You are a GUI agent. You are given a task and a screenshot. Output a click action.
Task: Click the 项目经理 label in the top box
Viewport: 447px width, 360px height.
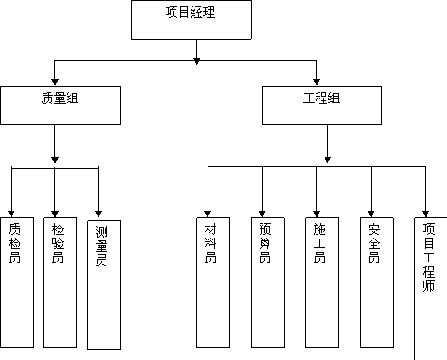click(191, 12)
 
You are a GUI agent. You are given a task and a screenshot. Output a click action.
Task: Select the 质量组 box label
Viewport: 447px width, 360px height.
click(59, 98)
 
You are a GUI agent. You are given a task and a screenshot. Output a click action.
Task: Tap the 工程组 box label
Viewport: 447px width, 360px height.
click(322, 98)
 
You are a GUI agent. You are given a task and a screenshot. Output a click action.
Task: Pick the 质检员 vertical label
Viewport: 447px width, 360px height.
click(14, 243)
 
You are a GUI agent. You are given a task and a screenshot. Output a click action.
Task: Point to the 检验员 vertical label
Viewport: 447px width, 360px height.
click(58, 243)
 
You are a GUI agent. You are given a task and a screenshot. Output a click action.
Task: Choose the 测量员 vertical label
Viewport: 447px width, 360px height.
click(101, 246)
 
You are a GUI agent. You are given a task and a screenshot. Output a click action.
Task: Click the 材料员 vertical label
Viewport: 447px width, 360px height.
click(210, 243)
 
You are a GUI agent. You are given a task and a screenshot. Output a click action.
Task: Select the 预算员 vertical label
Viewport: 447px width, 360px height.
click(265, 243)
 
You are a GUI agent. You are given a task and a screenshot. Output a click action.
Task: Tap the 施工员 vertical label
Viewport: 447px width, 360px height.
click(319, 243)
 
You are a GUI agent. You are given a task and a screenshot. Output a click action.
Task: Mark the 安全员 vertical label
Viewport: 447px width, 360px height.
click(374, 243)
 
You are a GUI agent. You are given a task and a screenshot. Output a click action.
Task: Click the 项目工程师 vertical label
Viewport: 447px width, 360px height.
click(428, 257)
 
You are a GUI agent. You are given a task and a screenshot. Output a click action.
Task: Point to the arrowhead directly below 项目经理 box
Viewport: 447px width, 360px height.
click(197, 61)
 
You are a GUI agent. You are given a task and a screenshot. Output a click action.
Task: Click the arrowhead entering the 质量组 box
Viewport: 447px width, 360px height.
click(55, 82)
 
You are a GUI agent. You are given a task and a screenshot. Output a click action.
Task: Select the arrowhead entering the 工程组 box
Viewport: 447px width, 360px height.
click(317, 82)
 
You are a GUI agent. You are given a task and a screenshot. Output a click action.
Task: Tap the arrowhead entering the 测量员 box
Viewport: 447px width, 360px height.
click(98, 214)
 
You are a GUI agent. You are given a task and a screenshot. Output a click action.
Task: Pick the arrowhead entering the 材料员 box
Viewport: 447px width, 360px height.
click(208, 214)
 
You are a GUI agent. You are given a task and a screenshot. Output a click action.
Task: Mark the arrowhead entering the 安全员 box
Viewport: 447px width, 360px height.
click(372, 214)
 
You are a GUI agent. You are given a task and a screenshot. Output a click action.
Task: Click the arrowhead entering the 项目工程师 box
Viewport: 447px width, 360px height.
click(426, 214)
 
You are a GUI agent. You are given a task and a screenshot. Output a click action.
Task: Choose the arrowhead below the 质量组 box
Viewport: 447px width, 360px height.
click(55, 160)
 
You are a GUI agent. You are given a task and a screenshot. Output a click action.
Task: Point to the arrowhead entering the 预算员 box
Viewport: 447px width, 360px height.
click(262, 214)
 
